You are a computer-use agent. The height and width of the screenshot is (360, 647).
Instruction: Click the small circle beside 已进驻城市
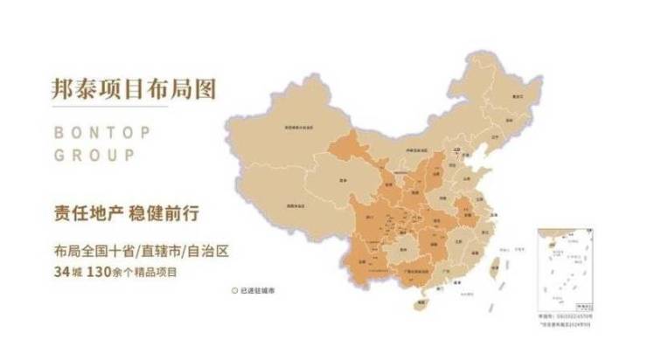(234, 290)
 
